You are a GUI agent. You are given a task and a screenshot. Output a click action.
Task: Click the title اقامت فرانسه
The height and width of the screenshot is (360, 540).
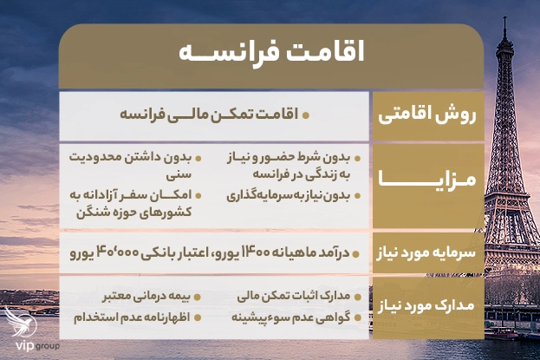tap(270, 50)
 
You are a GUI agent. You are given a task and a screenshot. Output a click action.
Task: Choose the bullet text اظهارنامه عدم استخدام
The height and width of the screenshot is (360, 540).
tap(134, 318)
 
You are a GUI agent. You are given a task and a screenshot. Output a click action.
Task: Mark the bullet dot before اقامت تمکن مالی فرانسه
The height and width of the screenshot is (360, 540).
tap(306, 114)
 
